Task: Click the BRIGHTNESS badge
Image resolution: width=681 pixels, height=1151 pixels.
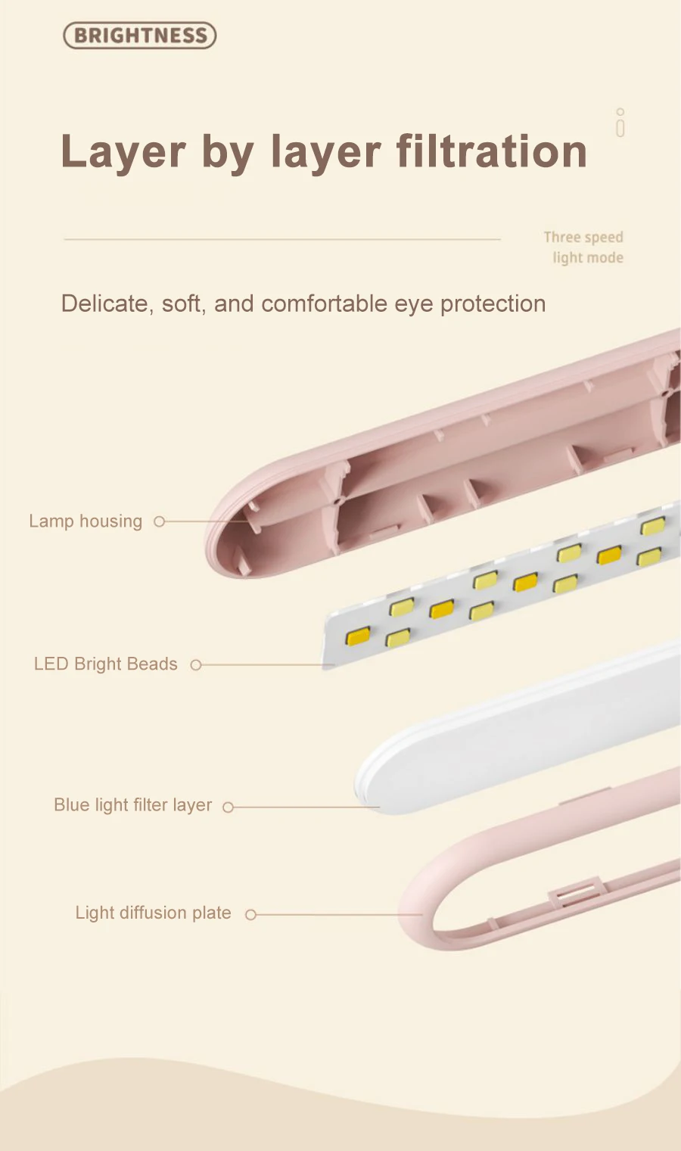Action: pyautogui.click(x=140, y=36)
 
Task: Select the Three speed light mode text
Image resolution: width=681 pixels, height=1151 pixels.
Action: pyautogui.click(x=584, y=247)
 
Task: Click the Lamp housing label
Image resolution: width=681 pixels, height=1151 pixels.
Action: pyautogui.click(x=86, y=521)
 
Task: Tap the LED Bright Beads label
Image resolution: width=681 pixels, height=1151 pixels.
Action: pyautogui.click(x=106, y=664)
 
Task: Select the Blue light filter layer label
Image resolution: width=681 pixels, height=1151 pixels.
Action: pyautogui.click(x=133, y=805)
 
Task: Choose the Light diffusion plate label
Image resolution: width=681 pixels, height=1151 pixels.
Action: pyautogui.click(x=153, y=913)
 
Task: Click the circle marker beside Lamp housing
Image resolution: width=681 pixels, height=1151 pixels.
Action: pyautogui.click(x=159, y=521)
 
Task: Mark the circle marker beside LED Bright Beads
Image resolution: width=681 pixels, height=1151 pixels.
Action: pyautogui.click(x=196, y=665)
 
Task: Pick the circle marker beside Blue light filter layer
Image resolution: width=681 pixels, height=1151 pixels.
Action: pyautogui.click(x=228, y=807)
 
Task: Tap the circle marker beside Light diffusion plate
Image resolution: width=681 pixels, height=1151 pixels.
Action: pyautogui.click(x=251, y=915)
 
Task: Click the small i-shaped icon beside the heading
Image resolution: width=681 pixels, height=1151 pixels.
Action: pyautogui.click(x=620, y=123)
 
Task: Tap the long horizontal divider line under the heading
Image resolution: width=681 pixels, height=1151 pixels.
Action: pyautogui.click(x=282, y=239)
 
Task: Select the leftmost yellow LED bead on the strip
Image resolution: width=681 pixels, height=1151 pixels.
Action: pyautogui.click(x=358, y=636)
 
